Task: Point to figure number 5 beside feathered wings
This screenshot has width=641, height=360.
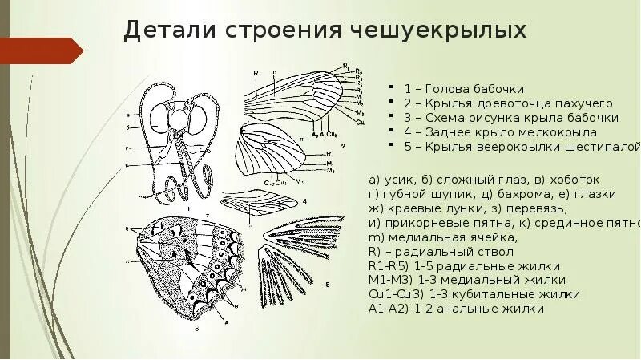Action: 327,284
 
